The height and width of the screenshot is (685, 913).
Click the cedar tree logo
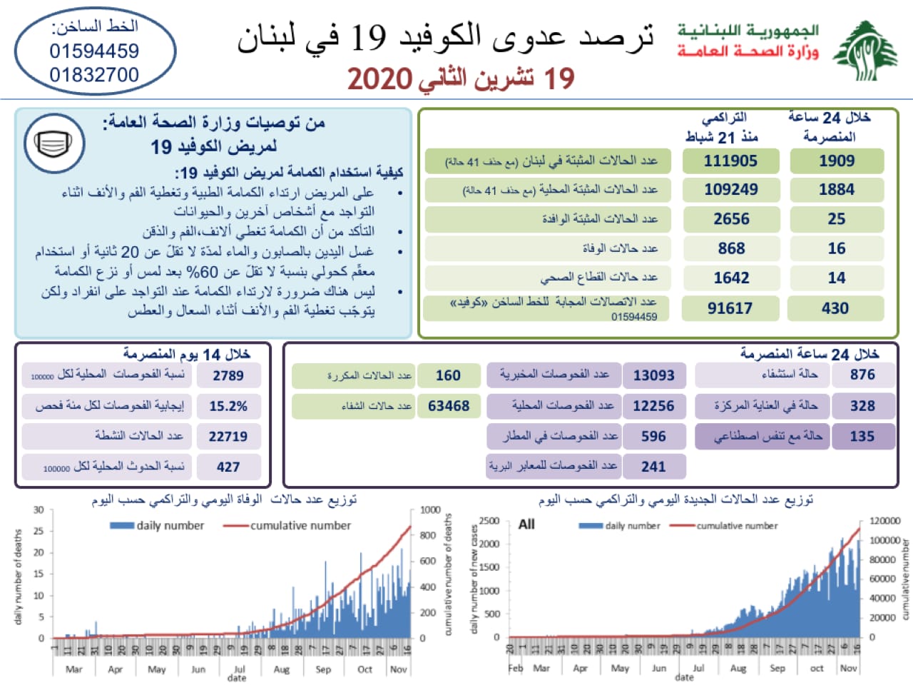pyautogui.click(x=865, y=51)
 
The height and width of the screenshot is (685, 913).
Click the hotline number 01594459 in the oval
pyautogui.click(x=94, y=51)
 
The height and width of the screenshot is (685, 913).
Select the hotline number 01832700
pyautogui.click(x=94, y=74)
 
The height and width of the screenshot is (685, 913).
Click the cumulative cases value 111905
pyautogui.click(x=730, y=161)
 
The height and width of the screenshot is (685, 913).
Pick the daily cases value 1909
pyautogui.click(x=837, y=161)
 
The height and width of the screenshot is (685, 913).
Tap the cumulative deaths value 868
pyautogui.click(x=731, y=248)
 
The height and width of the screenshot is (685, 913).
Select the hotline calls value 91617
pyautogui.click(x=730, y=308)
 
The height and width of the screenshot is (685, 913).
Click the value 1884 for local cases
pyautogui.click(x=837, y=190)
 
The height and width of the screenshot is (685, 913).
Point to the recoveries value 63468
pyautogui.click(x=449, y=406)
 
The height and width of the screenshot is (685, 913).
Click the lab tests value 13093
pyautogui.click(x=653, y=375)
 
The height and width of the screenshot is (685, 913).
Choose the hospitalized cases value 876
pyautogui.click(x=862, y=375)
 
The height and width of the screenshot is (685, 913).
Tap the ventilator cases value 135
pyautogui.click(x=862, y=436)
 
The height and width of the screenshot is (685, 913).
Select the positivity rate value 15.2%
pyautogui.click(x=228, y=406)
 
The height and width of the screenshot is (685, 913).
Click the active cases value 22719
pyautogui.click(x=228, y=437)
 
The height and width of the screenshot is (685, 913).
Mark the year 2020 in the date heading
pyautogui.click(x=380, y=79)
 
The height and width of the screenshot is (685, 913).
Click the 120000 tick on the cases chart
pyautogui.click(x=884, y=521)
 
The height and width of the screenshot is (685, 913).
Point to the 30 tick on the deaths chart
pyautogui.click(x=39, y=510)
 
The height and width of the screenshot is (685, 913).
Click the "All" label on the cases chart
pyautogui.click(x=526, y=524)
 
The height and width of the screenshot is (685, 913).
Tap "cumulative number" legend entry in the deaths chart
pyautogui.click(x=300, y=526)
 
